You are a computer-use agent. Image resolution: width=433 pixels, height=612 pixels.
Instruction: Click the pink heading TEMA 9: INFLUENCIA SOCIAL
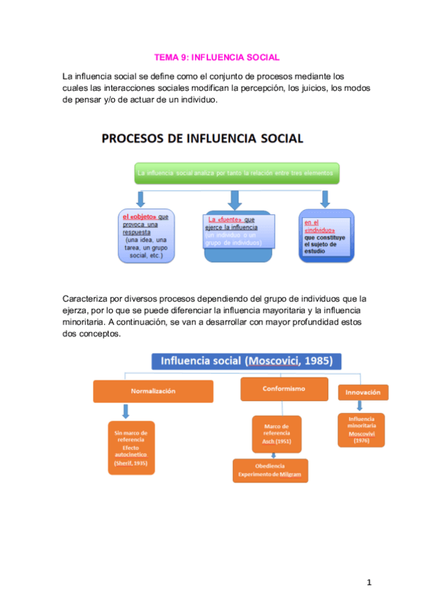coord(217,57)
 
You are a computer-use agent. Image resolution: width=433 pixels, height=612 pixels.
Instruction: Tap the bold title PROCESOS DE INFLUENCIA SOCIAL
coord(201,138)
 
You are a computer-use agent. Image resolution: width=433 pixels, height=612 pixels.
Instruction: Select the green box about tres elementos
coord(236,174)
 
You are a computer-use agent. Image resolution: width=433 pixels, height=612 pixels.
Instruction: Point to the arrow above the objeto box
coord(142,198)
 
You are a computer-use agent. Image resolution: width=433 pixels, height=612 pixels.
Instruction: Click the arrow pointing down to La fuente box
coord(234,198)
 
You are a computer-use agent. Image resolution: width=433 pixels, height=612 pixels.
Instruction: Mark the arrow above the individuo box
coord(325,198)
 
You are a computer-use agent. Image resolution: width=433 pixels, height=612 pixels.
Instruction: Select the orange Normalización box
coord(153,391)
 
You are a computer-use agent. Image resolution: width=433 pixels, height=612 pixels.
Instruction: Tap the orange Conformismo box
coord(283,388)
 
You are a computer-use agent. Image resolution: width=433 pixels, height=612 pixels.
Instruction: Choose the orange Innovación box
coord(363,392)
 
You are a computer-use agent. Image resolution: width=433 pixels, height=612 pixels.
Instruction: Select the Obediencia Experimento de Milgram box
coord(270,471)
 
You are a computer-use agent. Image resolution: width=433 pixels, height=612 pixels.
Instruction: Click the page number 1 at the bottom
coord(368,582)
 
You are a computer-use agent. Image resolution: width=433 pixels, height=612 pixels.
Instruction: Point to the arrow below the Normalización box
coord(126,411)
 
